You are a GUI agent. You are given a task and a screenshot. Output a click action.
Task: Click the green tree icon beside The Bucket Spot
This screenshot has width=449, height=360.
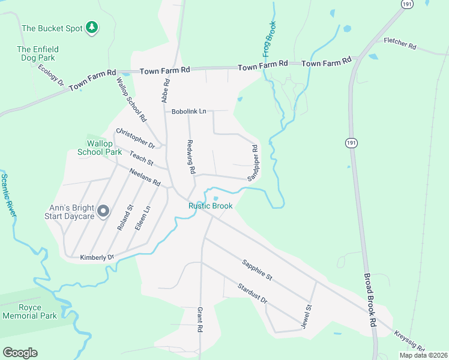point(92,27)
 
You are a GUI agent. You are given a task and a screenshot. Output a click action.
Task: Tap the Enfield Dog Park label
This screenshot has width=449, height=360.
point(36,54)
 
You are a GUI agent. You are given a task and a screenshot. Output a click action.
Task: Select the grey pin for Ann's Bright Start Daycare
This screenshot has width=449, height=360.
point(103,211)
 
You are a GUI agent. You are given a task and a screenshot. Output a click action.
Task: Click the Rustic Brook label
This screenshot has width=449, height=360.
point(210,206)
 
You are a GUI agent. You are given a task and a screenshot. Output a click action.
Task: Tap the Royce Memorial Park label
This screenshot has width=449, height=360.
point(29,311)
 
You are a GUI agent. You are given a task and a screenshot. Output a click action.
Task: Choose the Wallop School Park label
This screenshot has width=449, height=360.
point(100,147)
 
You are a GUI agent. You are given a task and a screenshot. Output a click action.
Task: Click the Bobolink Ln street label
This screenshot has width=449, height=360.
point(188,112)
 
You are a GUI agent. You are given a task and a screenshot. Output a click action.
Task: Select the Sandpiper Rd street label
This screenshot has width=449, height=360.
point(253,162)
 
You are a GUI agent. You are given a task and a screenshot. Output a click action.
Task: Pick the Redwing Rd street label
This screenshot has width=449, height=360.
point(191,158)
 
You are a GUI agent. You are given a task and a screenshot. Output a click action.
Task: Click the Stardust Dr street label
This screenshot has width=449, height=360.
point(251,293)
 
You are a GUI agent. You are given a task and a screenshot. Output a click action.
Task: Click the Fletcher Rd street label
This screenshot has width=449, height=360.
point(400,44)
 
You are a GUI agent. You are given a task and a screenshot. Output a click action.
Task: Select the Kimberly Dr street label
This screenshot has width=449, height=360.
point(97,257)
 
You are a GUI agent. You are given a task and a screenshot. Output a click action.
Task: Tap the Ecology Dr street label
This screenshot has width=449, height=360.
point(50,75)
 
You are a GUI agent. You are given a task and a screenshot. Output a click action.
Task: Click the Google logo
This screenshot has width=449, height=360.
point(20,353)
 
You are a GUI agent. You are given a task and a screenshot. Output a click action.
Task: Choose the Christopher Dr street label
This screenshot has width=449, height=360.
point(135,139)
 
